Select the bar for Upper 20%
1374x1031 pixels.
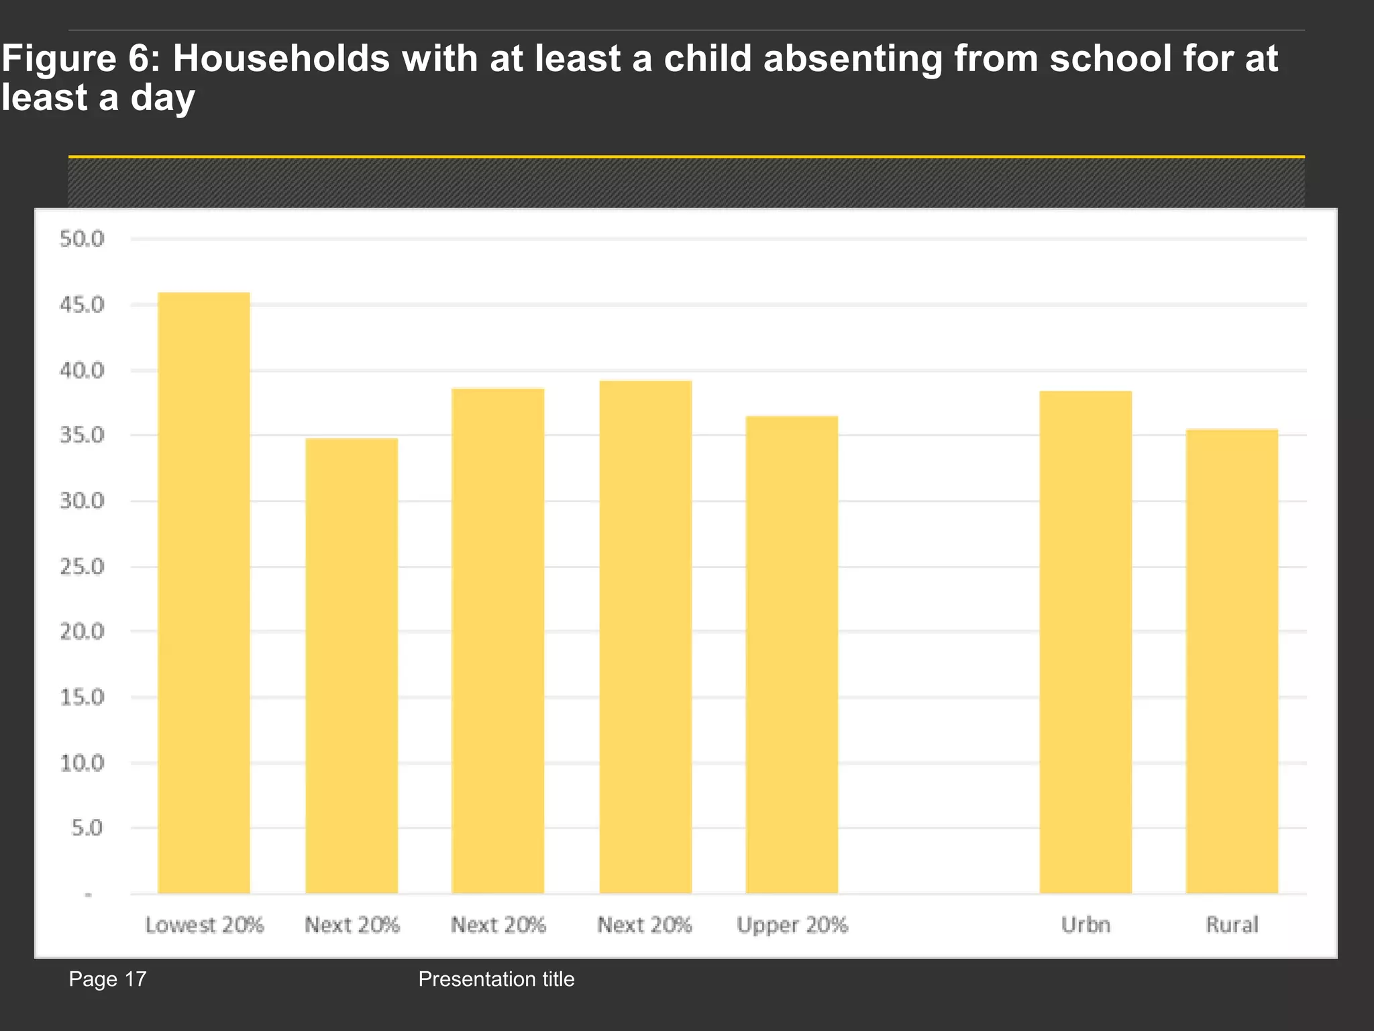pos(792,654)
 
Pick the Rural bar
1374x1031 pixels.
pos(1232,661)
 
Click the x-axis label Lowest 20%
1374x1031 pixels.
pos(205,925)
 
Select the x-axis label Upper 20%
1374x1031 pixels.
pos(792,925)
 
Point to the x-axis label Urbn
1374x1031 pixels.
pos(1086,925)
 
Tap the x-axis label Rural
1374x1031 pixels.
pos(1232,925)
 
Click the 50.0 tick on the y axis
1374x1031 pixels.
pos(83,239)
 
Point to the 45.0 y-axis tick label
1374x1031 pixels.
pos(83,305)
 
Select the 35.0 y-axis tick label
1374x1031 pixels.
pos(83,436)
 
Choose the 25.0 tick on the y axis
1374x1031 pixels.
pos(83,567)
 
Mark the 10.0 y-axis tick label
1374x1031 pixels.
pos(83,763)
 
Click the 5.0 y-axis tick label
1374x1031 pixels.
pos(87,828)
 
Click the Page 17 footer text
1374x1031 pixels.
pos(107,979)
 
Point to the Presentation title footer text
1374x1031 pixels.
pos(496,979)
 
